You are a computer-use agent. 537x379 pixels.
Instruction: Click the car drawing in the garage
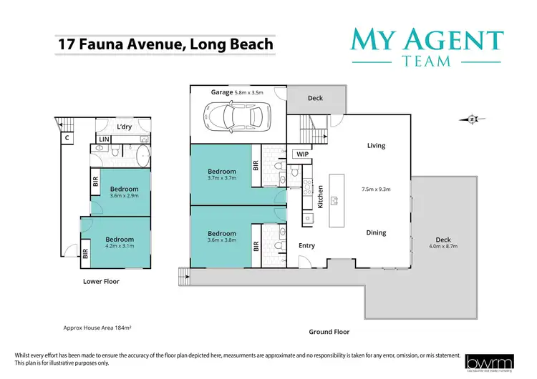(x=236, y=115)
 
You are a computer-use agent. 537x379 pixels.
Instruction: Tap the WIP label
(x=301, y=154)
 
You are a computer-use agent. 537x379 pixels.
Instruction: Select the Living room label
(x=376, y=146)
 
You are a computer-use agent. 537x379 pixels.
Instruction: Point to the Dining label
(x=376, y=232)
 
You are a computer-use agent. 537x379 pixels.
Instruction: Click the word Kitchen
(x=321, y=196)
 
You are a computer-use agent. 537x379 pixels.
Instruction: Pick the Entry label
(x=306, y=245)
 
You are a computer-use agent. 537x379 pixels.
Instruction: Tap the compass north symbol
(x=472, y=119)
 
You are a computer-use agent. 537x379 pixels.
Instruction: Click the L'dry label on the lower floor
(x=125, y=127)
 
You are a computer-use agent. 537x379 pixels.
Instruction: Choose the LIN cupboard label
(x=104, y=139)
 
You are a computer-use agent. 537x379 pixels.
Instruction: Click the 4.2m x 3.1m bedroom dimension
(x=120, y=247)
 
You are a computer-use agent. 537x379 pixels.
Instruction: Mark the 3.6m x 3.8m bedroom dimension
(x=221, y=242)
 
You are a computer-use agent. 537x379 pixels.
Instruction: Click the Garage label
(x=222, y=92)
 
